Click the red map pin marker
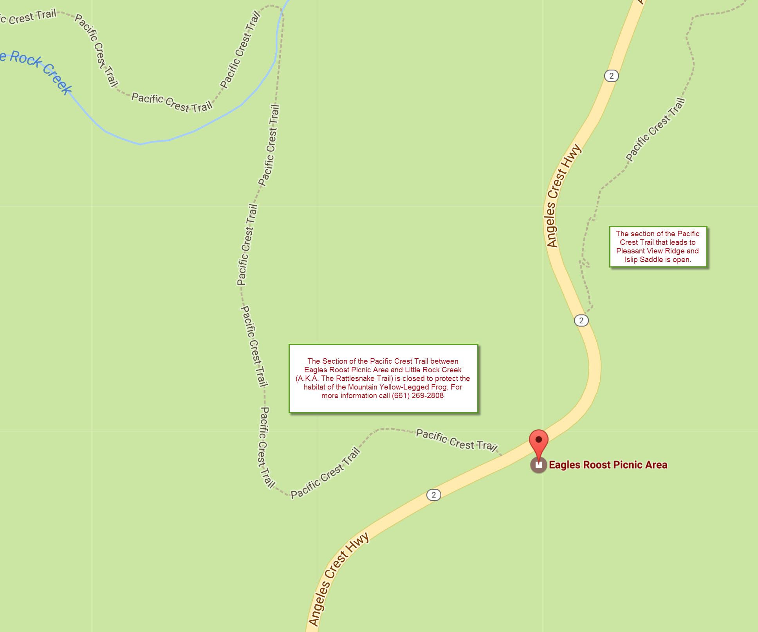(x=539, y=441)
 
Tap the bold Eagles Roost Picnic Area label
(x=608, y=465)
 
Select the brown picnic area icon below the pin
(x=539, y=465)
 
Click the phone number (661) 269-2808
(x=418, y=395)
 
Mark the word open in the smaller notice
(x=682, y=259)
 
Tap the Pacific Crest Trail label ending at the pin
(x=457, y=440)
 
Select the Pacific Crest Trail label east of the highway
(x=655, y=130)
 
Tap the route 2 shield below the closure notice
(x=433, y=495)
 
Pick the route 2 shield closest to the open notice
(x=581, y=320)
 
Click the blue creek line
(x=168, y=140)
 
